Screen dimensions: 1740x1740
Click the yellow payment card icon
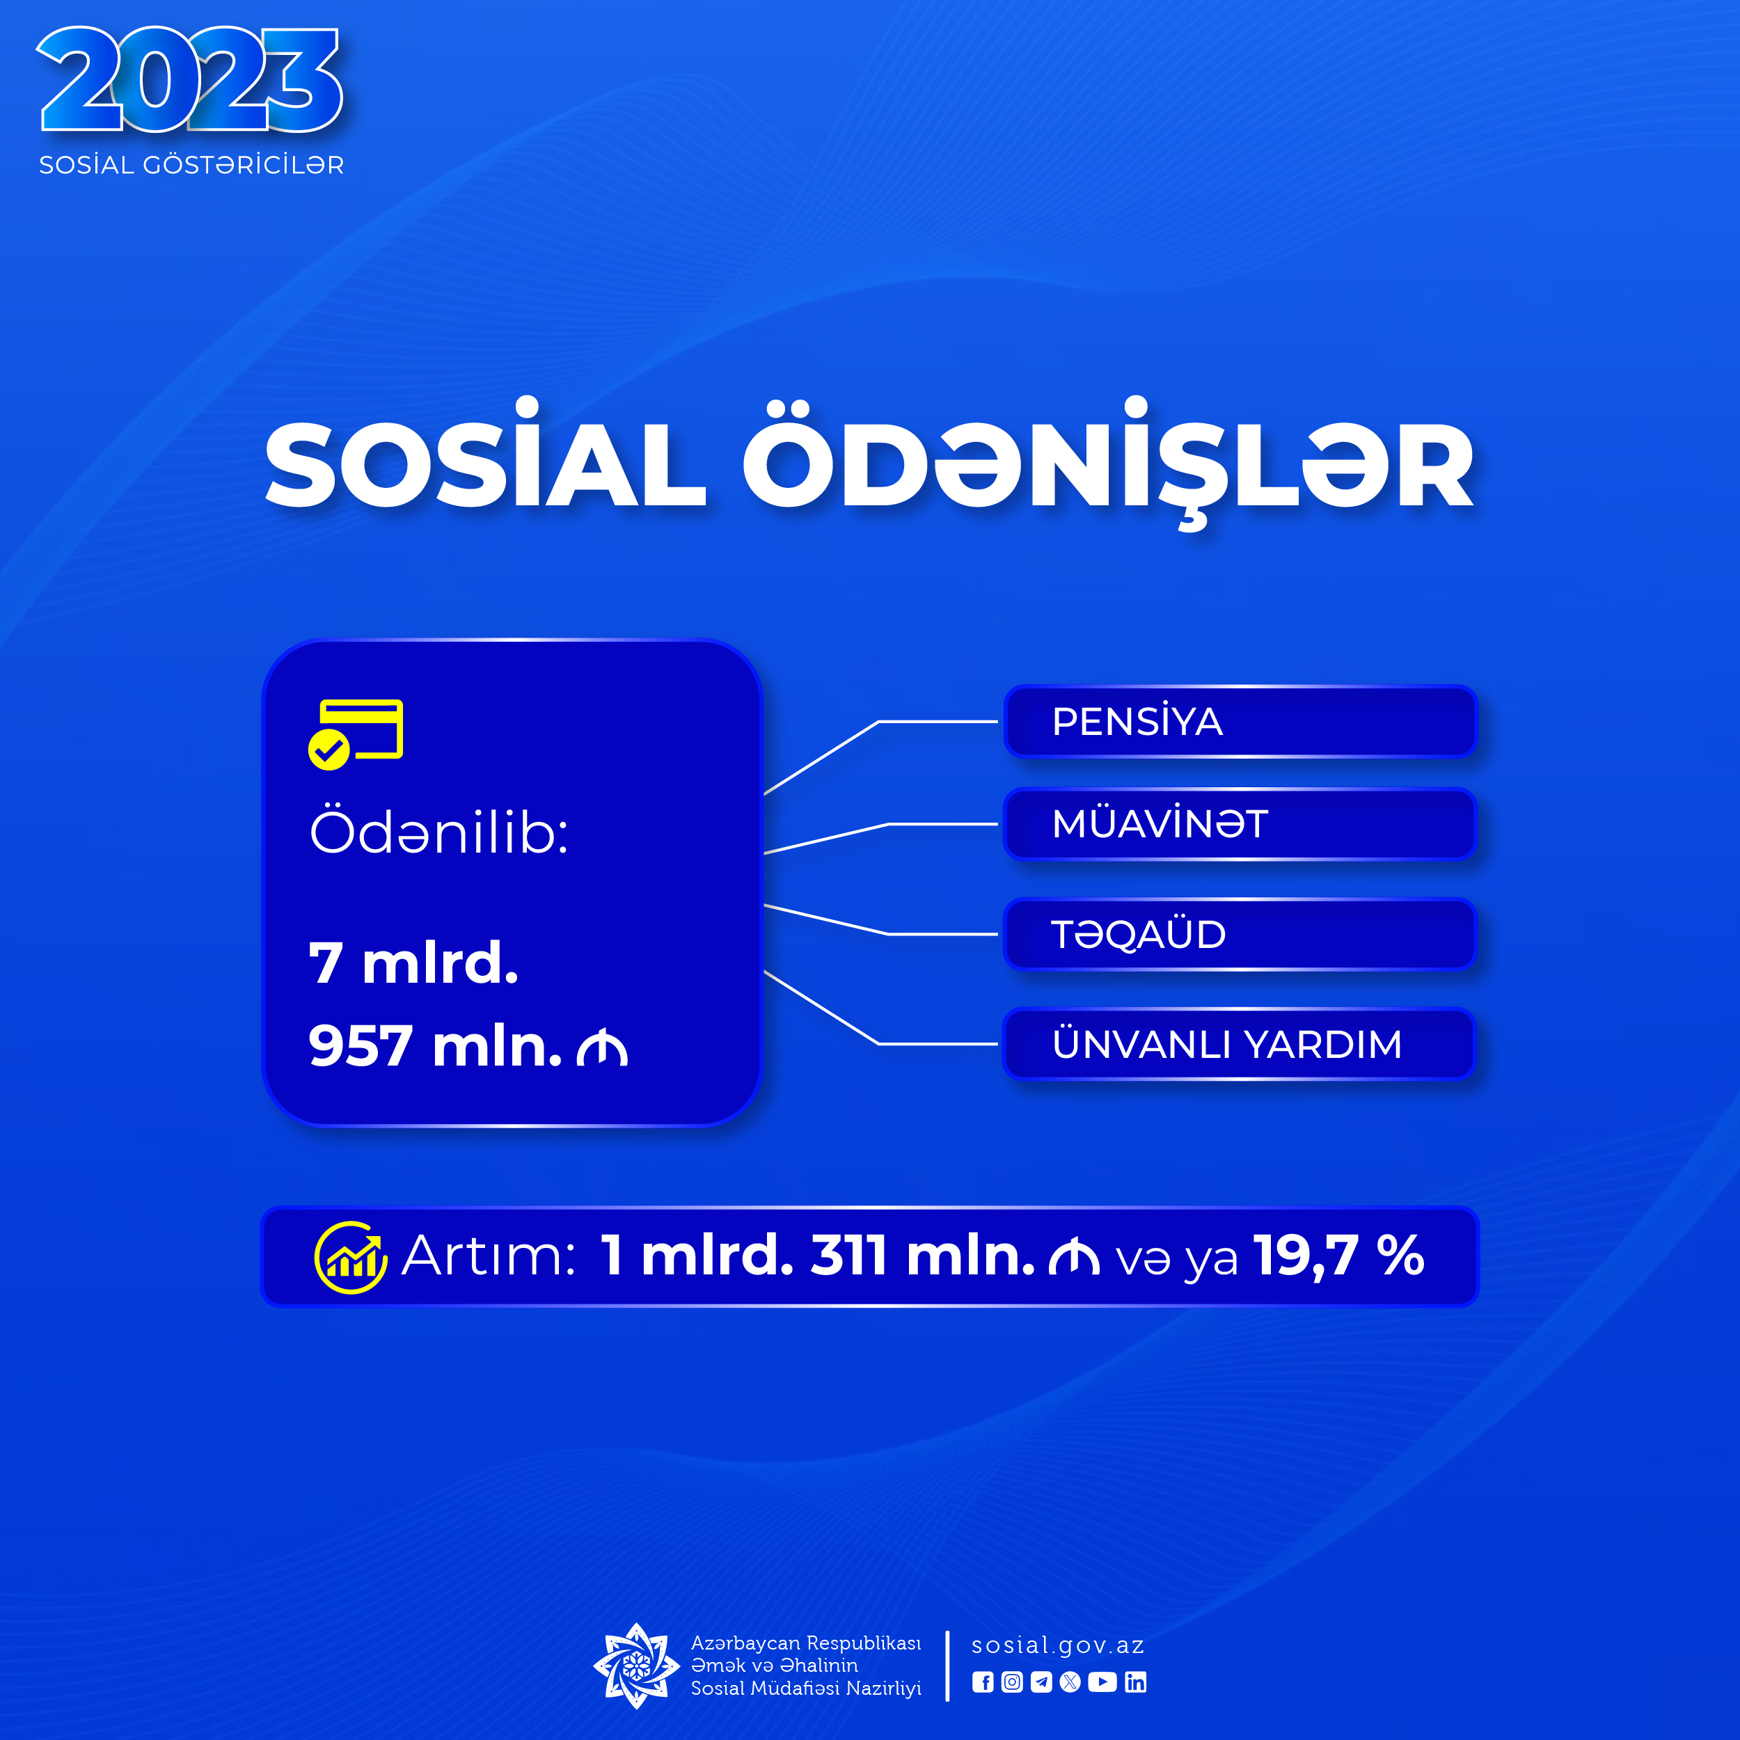click(x=356, y=734)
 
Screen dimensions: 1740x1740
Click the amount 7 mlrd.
click(x=413, y=963)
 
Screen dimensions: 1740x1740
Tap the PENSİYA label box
click(x=1240, y=721)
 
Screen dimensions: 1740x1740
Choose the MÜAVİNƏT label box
click(x=1240, y=824)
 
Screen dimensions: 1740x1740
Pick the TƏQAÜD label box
click(x=1240, y=934)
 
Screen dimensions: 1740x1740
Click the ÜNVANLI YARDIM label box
click(x=1240, y=1044)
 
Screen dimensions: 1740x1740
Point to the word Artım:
click(x=488, y=1256)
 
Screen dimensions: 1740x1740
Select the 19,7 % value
click(x=1339, y=1256)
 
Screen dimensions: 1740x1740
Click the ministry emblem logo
click(x=636, y=1666)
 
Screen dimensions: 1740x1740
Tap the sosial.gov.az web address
click(x=1057, y=1645)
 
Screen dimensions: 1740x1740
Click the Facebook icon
click(x=983, y=1682)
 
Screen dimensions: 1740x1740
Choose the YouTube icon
click(x=1102, y=1682)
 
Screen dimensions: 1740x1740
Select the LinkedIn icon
click(x=1136, y=1682)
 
